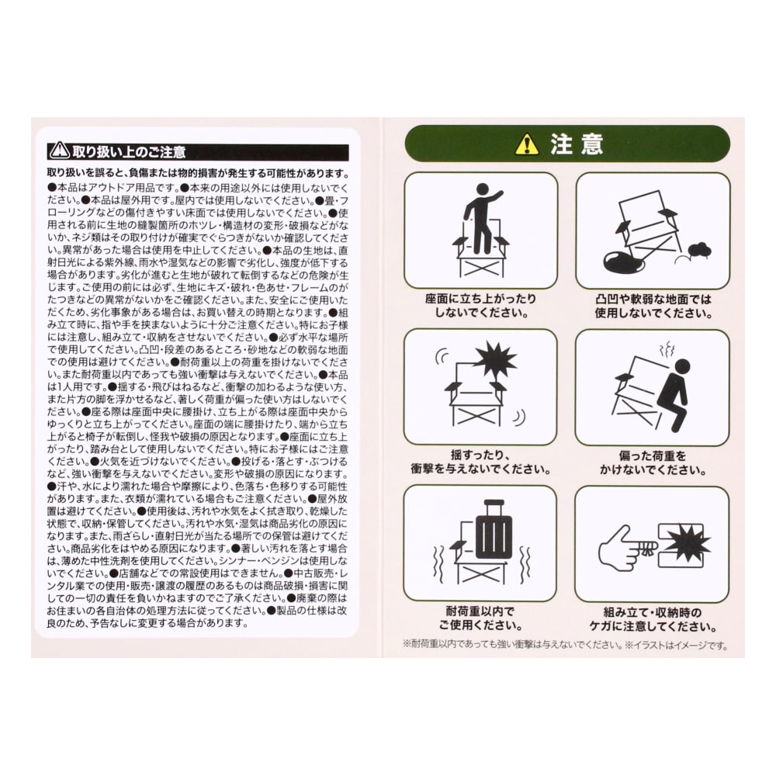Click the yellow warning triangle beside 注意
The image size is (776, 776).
click(527, 144)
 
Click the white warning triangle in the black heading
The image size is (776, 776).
click(60, 151)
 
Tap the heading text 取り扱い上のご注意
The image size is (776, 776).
click(129, 151)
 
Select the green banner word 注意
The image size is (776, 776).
click(577, 144)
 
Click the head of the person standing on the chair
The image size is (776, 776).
click(483, 190)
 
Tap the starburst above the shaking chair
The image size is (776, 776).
click(495, 360)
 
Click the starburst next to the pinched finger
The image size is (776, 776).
click(686, 545)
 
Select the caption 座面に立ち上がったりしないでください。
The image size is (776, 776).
click(480, 306)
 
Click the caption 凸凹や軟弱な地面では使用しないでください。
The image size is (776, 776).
click(653, 307)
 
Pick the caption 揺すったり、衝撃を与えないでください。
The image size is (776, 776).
click(480, 462)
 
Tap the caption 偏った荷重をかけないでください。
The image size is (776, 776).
click(653, 463)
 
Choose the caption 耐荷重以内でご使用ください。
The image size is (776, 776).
click(480, 618)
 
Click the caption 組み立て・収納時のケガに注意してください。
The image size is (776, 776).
click(653, 619)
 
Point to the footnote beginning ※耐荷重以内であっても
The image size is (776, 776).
click(565, 646)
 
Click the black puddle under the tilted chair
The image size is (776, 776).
click(622, 261)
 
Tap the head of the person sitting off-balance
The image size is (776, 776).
click(682, 366)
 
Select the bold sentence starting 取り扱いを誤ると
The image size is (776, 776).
click(198, 173)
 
